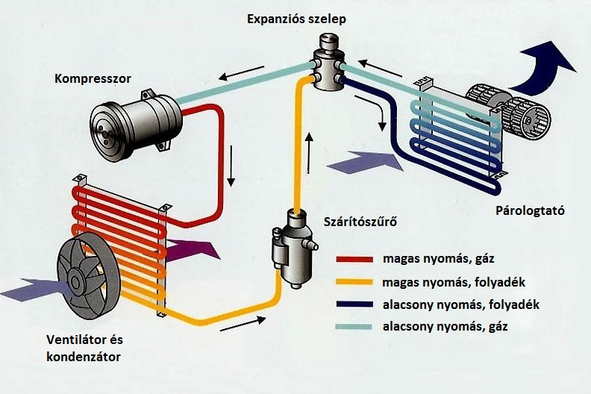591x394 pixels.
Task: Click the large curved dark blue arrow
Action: tap(548, 63)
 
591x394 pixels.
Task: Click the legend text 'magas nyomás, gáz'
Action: tap(428, 260)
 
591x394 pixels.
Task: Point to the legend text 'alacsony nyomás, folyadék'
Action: tap(455, 304)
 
